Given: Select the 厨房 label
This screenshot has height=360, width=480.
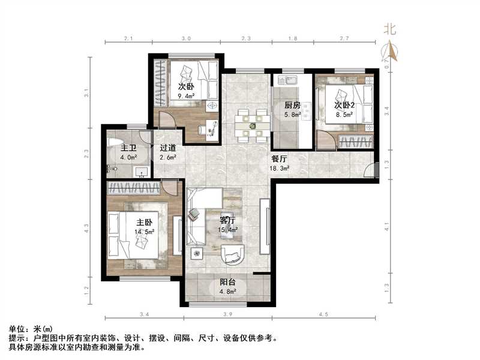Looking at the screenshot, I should (x=292, y=105).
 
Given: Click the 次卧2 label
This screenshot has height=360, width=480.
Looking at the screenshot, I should (x=345, y=105).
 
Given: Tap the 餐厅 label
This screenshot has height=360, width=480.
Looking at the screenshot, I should (x=280, y=160).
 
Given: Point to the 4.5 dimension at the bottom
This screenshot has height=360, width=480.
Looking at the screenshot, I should (x=323, y=316).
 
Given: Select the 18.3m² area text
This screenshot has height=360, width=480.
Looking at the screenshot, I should (x=280, y=169).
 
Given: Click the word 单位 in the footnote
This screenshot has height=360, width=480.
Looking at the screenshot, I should (x=18, y=329).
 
